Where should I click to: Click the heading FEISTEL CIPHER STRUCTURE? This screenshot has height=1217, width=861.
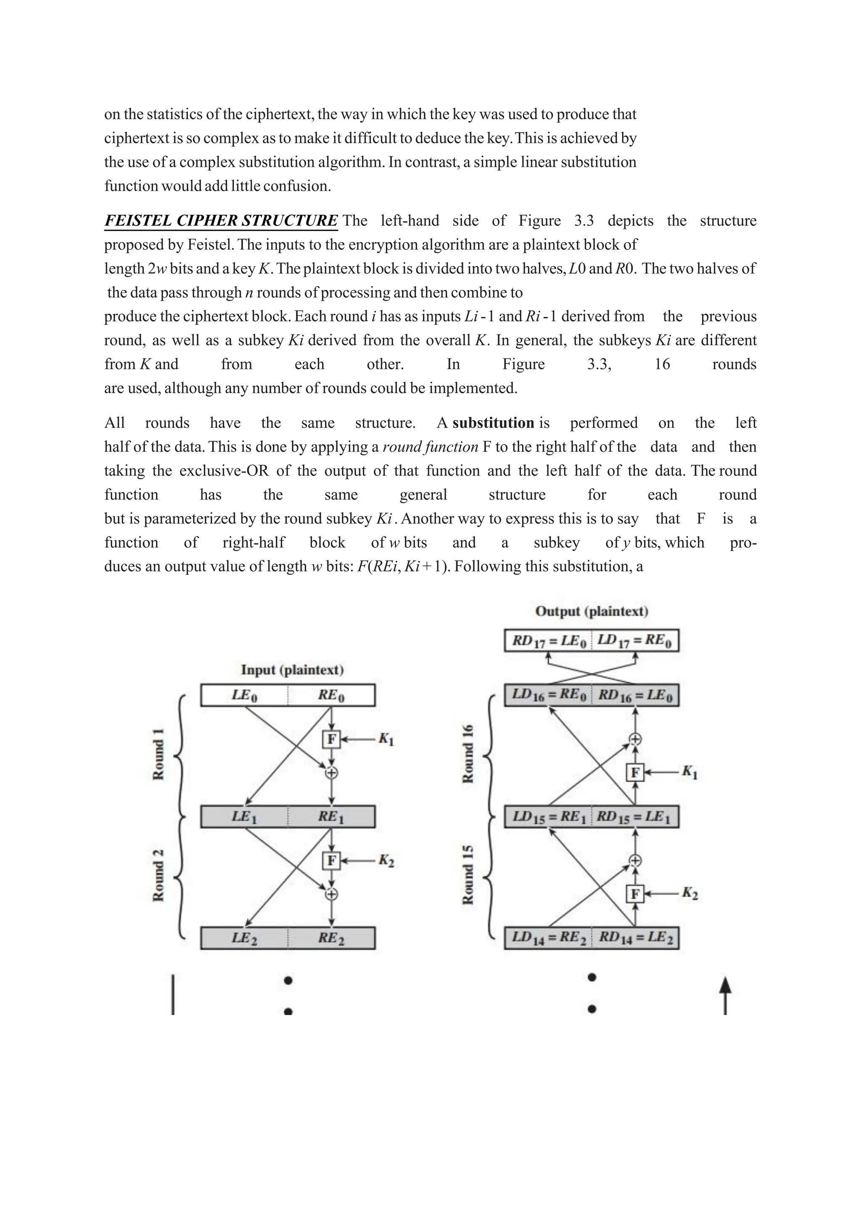coord(221,221)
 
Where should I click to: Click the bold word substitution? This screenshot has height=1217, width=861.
coord(493,423)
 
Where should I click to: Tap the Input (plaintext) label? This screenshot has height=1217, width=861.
coord(292,670)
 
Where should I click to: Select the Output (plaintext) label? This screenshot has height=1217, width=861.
coord(592,611)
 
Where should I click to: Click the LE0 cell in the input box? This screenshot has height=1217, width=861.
coord(244,695)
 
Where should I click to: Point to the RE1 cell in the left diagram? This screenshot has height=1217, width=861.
coord(331,817)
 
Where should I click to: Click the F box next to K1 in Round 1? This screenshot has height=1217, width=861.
coord(331,739)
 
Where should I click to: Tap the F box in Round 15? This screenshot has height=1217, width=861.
coord(635,894)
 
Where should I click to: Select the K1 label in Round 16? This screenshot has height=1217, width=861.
coord(689,772)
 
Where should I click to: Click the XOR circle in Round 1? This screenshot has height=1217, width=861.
coord(331,773)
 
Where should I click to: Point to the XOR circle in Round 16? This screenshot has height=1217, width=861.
coord(635,739)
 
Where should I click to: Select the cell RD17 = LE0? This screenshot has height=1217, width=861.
coord(548,641)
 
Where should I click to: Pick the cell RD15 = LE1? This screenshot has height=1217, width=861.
coord(635,817)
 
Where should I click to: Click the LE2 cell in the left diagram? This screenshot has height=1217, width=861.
coord(244,938)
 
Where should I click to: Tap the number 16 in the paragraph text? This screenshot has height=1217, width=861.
coord(662,364)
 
